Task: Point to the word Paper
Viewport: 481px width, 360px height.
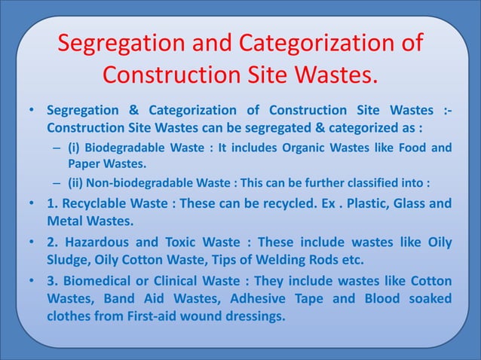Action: pyautogui.click(x=85, y=163)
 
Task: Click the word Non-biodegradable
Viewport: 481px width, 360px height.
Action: pyautogui.click(x=134, y=183)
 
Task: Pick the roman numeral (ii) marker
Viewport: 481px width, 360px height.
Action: pyautogui.click(x=79, y=183)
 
